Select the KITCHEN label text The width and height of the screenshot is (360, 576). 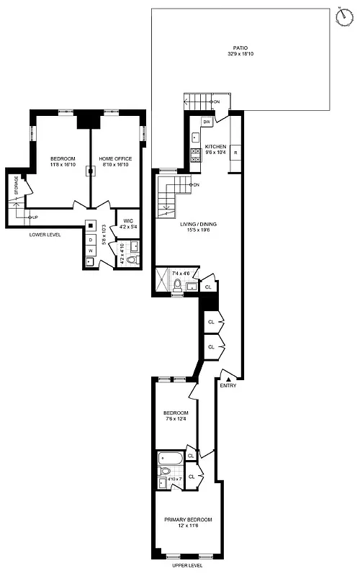216,146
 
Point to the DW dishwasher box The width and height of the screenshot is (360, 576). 206,122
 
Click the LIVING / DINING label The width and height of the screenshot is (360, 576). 198,224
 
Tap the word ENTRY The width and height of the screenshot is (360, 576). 228,386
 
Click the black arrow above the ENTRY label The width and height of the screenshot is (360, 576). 228,378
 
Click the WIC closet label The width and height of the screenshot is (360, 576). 128,220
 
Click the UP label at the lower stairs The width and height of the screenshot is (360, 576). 34,217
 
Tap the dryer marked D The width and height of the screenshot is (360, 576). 90,240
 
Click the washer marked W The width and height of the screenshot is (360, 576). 90,250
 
